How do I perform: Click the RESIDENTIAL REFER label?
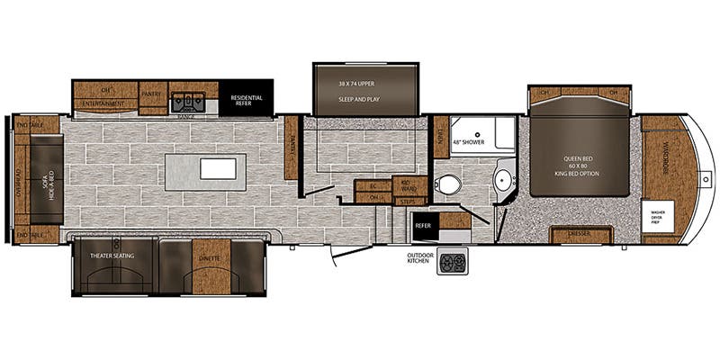tap(247, 100)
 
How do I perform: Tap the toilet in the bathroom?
tap(448, 185)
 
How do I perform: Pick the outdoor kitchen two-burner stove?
tap(450, 262)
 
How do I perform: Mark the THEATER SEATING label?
tap(112, 256)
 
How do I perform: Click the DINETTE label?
tap(206, 256)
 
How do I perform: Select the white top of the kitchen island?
tap(217, 168)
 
